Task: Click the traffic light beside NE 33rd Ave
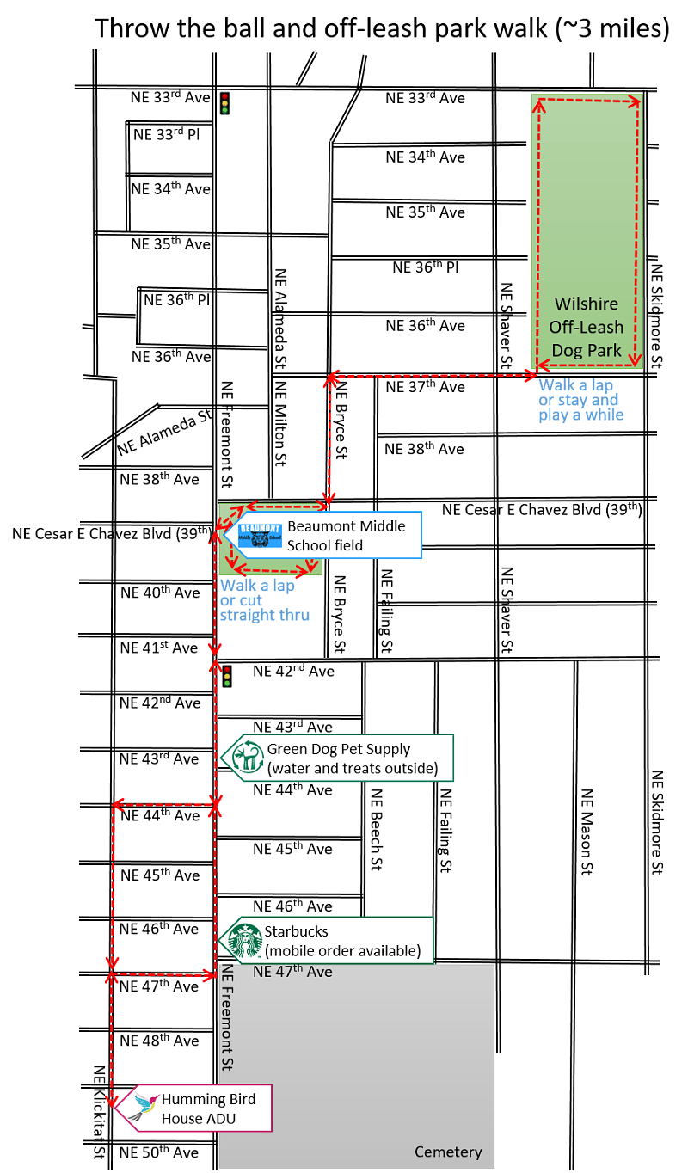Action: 224,103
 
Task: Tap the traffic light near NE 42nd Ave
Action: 227,676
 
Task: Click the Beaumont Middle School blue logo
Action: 260,535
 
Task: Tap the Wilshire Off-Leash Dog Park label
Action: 587,328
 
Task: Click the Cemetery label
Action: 448,1152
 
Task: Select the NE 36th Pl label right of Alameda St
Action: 425,267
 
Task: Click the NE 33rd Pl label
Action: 167,134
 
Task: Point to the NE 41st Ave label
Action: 158,648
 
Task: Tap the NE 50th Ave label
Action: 158,1152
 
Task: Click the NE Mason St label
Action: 587,832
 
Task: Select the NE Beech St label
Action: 377,830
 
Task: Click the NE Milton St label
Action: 280,424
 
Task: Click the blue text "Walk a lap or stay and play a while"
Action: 581,400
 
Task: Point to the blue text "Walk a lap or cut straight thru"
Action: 264,600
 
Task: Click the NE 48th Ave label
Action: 159,1040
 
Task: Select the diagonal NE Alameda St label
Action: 164,433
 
